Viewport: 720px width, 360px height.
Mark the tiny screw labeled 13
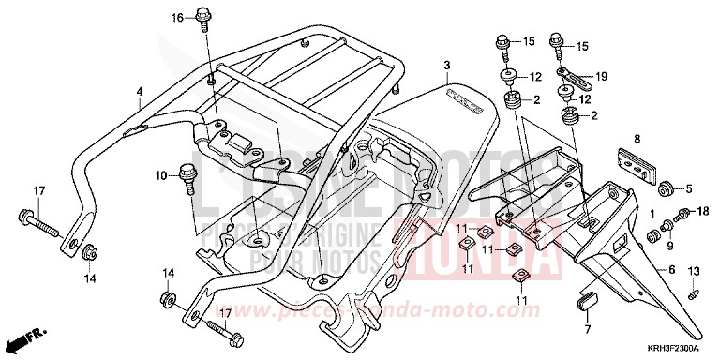(693, 292)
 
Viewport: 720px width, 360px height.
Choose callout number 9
(669, 245)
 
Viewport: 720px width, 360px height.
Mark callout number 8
(636, 139)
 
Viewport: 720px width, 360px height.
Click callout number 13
(694, 271)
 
